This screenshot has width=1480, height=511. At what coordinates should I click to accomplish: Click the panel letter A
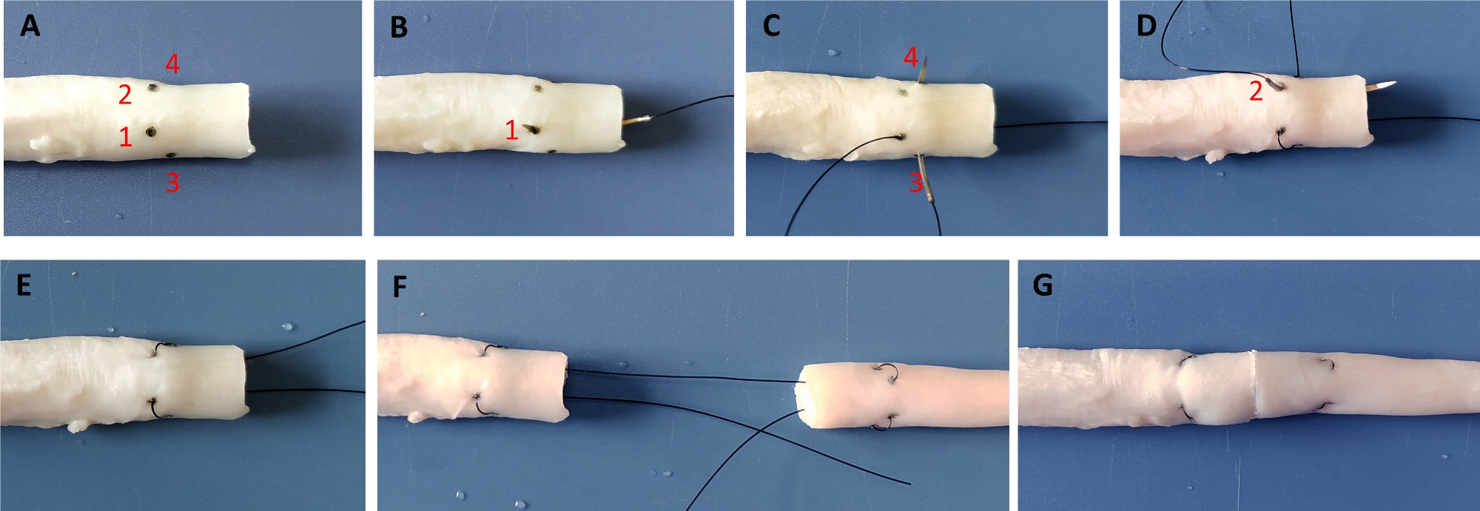[30, 26]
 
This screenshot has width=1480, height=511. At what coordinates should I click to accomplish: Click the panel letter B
[399, 27]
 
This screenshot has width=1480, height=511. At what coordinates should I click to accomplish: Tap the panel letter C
[771, 26]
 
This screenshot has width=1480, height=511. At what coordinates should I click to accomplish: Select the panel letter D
[1146, 26]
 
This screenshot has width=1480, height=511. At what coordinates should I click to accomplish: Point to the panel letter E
[24, 285]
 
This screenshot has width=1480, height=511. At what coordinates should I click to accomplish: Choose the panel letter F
[400, 286]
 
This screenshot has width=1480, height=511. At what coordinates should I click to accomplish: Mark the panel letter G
[1043, 285]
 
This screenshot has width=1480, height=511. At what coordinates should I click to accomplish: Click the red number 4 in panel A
[172, 64]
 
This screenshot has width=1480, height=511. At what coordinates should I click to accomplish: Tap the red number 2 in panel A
[125, 95]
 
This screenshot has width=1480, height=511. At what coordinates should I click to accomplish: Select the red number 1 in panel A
[126, 136]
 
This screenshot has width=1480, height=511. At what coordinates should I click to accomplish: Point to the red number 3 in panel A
[172, 182]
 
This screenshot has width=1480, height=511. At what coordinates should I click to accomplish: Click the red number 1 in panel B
[511, 131]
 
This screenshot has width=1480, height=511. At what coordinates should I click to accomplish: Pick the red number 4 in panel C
[911, 57]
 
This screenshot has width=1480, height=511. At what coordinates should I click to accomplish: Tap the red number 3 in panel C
[915, 182]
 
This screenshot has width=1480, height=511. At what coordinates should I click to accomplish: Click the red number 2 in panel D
[1256, 92]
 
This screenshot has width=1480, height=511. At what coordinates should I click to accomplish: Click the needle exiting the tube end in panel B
[637, 119]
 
